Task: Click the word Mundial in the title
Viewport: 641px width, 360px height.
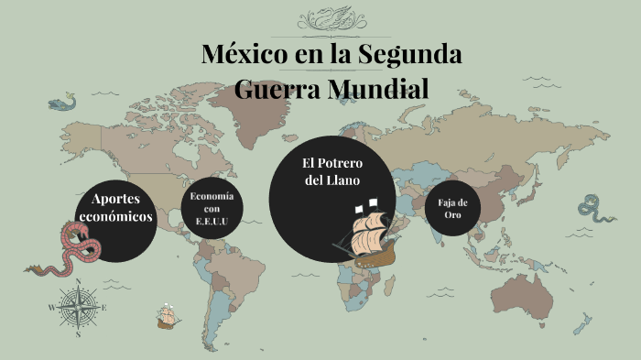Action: tap(383, 89)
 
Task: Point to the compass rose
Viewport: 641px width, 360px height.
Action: tap(78, 307)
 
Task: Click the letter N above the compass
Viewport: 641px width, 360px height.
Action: tap(78, 282)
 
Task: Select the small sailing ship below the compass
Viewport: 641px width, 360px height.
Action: tap(167, 316)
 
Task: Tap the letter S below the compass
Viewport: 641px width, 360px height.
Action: tap(78, 334)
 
